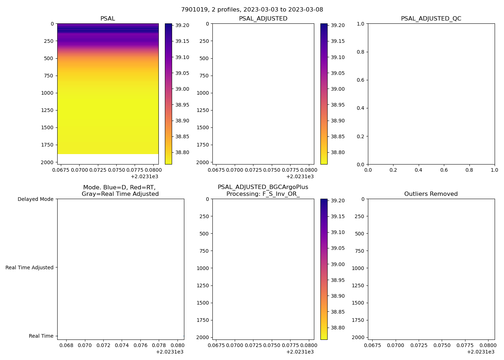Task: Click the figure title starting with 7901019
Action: pyautogui.click(x=252, y=10)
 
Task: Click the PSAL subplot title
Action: pyautogui.click(x=108, y=19)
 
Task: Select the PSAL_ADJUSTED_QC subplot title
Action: pyautogui.click(x=431, y=19)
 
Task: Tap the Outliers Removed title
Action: pyautogui.click(x=431, y=194)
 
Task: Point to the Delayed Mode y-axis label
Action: pyautogui.click(x=35, y=199)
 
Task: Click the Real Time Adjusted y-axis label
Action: pyautogui.click(x=30, y=267)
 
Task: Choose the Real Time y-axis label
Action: pyautogui.click(x=41, y=336)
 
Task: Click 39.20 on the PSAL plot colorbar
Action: pyautogui.click(x=182, y=26)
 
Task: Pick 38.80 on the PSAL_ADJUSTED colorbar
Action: pyautogui.click(x=338, y=152)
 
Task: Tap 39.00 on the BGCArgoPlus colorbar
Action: pyautogui.click(x=338, y=264)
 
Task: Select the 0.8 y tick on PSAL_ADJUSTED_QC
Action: pyautogui.click(x=359, y=52)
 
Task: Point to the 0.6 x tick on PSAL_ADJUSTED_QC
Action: pyautogui.click(x=444, y=170)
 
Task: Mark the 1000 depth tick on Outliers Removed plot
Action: pyautogui.click(x=358, y=268)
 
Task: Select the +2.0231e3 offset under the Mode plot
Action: pyautogui.click(x=170, y=352)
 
